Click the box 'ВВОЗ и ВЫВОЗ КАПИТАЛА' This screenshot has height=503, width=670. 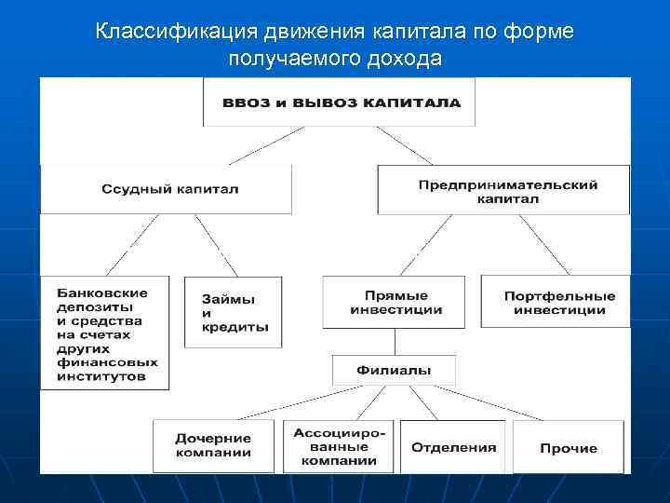click(340, 102)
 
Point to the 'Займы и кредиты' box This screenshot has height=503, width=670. click(233, 312)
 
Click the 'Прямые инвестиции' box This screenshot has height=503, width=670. click(395, 302)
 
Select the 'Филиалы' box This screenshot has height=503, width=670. click(394, 370)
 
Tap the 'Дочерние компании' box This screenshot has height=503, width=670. click(213, 445)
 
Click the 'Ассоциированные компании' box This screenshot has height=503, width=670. click(336, 446)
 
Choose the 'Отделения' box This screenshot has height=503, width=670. click(453, 447)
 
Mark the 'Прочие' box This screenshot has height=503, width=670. click(568, 447)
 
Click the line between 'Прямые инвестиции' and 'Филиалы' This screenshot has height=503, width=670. click(395, 341)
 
